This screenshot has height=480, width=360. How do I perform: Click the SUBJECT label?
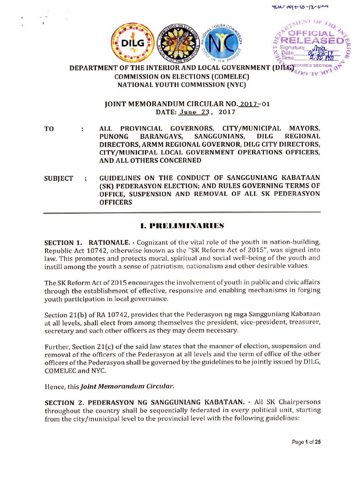point(59,178)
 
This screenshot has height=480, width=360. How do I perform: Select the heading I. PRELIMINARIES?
point(180,226)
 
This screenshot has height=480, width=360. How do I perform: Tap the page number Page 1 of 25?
point(303,442)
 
